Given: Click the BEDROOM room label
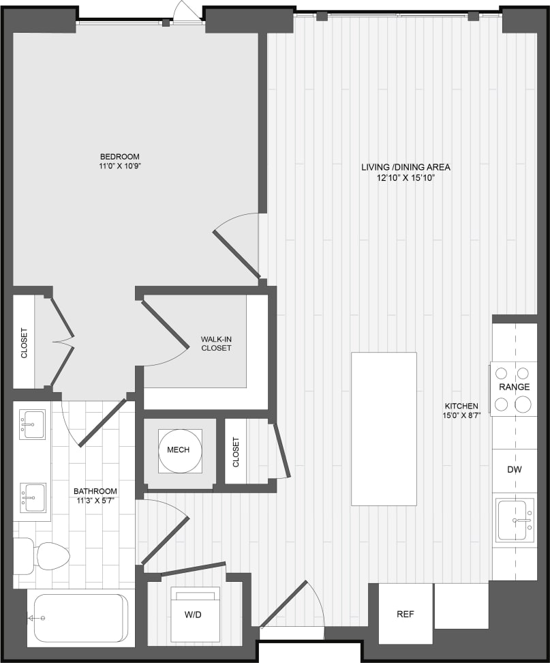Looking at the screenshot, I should coord(119,156).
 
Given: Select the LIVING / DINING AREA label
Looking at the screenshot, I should coord(406,167).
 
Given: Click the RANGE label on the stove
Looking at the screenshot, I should coord(514,387).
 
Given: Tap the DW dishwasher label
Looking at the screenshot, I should coord(514,469).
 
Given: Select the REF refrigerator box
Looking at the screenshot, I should coord(406,614).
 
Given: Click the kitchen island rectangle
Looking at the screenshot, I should coord(384,428).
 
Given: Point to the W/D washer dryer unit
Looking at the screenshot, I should coord(194,614).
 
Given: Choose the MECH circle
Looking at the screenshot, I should coord(179,450).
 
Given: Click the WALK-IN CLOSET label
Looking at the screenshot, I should coord(215,343).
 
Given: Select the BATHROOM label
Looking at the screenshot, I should coord(95,491).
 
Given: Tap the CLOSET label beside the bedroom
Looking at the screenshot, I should coord(25,344).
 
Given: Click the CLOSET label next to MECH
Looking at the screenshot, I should coord(236,452).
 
